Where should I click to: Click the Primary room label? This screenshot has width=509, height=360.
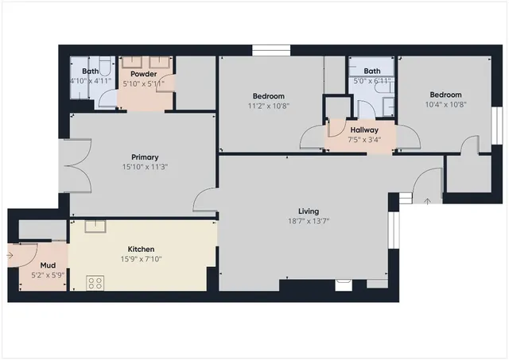[145, 157]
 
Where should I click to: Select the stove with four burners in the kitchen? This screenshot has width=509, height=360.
[95, 281]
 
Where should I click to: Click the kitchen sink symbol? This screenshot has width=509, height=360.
[95, 226]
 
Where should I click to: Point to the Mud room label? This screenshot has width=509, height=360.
[37, 265]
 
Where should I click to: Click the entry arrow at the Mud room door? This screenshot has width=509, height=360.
[9, 255]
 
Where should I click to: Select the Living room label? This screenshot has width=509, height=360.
[308, 211]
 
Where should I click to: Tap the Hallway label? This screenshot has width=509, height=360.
[363, 130]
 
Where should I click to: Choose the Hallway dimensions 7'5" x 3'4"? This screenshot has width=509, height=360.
[363, 140]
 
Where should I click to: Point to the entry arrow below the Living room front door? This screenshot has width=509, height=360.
[428, 200]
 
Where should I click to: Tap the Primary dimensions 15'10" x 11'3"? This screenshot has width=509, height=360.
[145, 167]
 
